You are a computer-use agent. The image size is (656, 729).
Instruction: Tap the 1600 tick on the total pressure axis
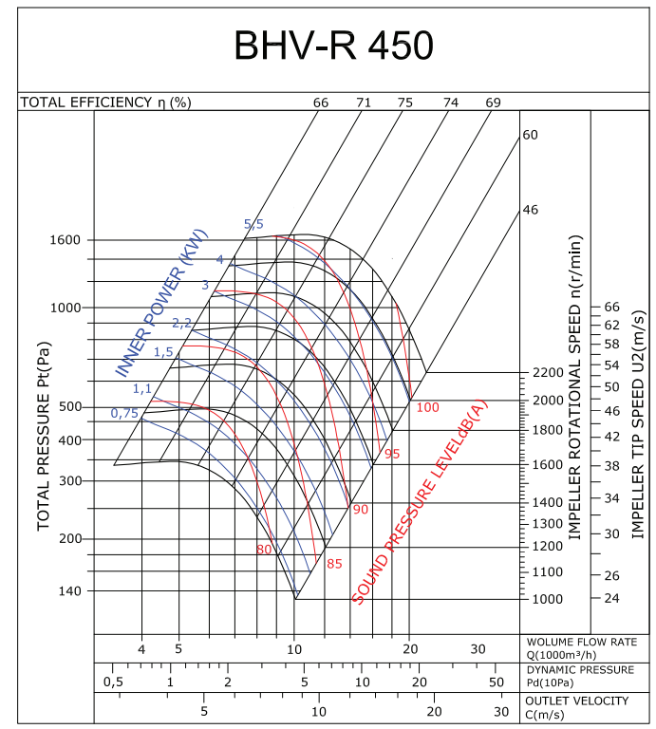[x=66, y=240]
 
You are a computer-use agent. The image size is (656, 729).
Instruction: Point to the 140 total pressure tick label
[x=70, y=590]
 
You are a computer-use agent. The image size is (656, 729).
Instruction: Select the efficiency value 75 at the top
[x=405, y=103]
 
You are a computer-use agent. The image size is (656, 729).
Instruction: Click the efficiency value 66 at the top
[x=320, y=103]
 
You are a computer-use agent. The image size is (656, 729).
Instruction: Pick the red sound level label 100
[x=428, y=407]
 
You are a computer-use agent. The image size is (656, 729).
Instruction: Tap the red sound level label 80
[x=264, y=550]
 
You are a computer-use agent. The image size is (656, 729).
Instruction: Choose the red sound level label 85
[x=333, y=564]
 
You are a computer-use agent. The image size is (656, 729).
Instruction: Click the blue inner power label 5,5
[x=253, y=224]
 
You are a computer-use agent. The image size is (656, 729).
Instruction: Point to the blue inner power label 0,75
[x=124, y=413]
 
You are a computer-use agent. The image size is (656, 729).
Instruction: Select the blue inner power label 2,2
[x=181, y=323]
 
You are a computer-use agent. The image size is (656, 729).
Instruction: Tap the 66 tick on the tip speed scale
[x=611, y=308]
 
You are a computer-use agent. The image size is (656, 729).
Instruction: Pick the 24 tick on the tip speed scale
[x=611, y=599]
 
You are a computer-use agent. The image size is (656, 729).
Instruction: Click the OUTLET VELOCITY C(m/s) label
[x=576, y=706]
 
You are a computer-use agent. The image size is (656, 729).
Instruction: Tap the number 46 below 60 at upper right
[x=531, y=209]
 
